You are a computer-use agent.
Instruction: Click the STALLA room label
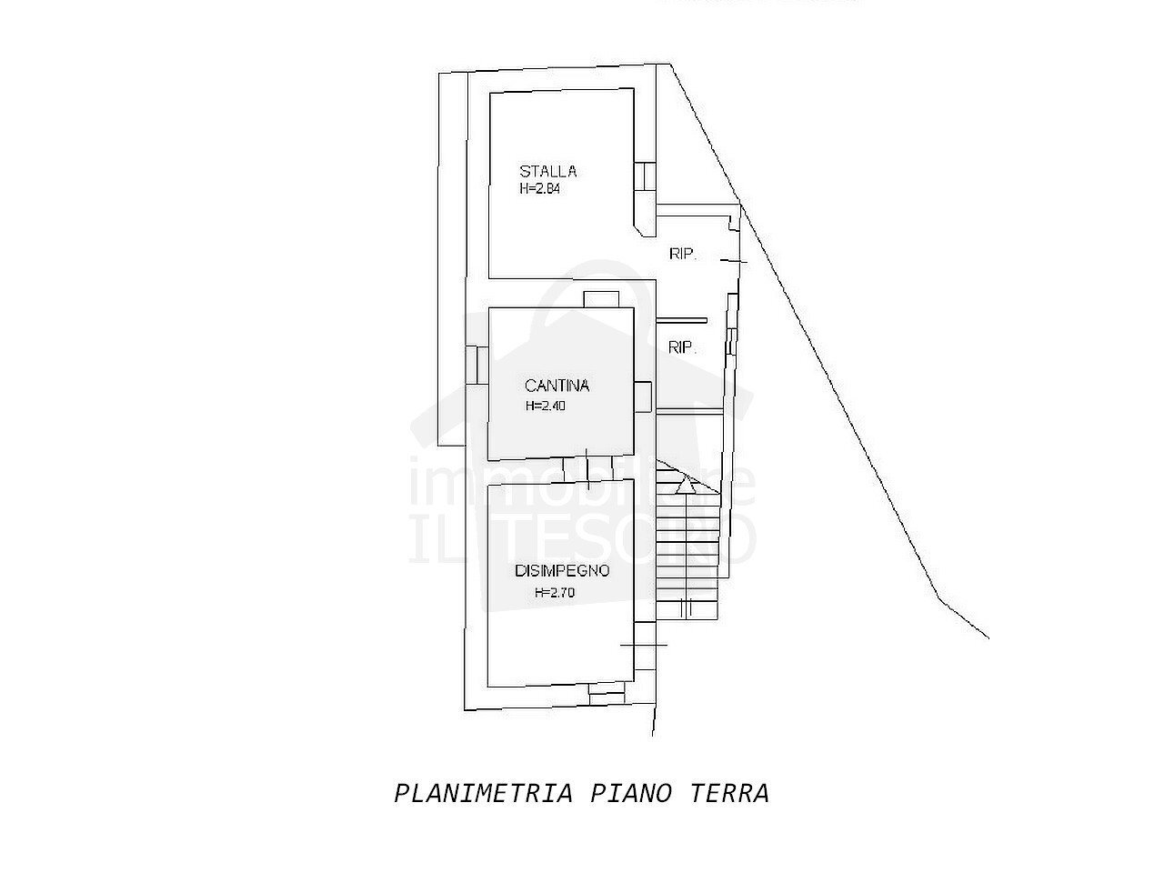click(548, 171)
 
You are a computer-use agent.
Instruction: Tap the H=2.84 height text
click(547, 190)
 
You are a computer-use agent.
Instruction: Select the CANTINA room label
click(557, 386)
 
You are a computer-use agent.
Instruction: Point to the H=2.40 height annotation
click(546, 406)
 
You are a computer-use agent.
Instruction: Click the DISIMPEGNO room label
click(561, 572)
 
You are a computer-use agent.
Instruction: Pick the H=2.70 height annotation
click(555, 593)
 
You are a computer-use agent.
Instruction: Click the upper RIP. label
click(683, 256)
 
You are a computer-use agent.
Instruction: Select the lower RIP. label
click(682, 347)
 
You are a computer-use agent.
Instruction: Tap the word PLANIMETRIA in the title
click(484, 793)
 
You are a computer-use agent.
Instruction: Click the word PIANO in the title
click(632, 793)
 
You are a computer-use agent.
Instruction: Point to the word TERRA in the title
click(730, 793)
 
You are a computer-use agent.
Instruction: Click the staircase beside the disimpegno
click(688, 546)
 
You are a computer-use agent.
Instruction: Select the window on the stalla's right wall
click(644, 176)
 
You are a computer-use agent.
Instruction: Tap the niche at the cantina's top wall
click(600, 299)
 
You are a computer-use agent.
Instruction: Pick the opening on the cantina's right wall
click(643, 396)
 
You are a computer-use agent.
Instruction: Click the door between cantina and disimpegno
click(588, 469)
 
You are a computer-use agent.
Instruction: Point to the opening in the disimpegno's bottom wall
click(607, 691)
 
